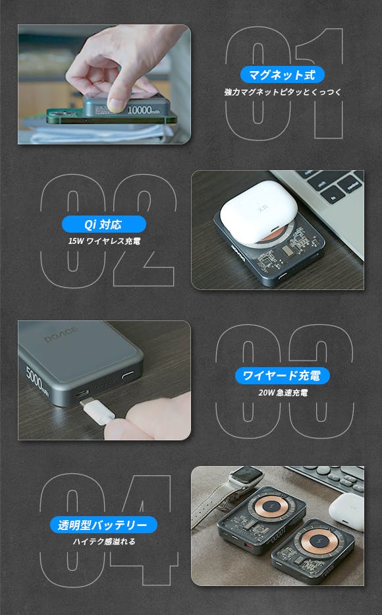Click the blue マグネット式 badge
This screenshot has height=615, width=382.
282,74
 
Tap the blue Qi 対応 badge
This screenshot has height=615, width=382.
104,224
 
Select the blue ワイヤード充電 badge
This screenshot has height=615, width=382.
282,376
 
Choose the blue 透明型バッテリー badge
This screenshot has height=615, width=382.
103,525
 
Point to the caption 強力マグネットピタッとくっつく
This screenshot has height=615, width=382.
283,92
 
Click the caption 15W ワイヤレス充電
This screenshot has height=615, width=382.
104,241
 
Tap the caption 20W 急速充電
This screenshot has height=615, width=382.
283,393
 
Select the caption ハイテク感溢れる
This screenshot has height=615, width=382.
104,542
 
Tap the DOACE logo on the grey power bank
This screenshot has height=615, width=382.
61,334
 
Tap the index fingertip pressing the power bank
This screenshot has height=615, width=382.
117,103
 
